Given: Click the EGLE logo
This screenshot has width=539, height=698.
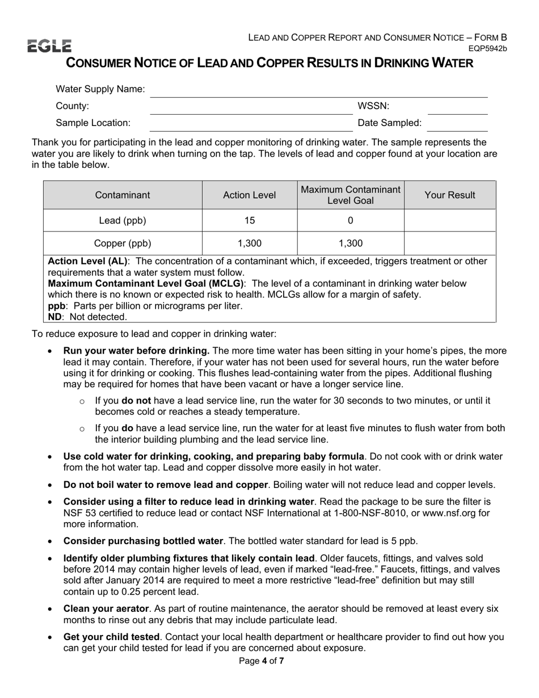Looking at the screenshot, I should [x=49, y=46].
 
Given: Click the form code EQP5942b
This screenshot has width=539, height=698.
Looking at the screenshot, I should [x=487, y=49].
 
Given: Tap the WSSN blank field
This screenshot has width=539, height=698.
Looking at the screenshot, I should [x=457, y=107].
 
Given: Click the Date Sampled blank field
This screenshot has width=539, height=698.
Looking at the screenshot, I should [x=457, y=124].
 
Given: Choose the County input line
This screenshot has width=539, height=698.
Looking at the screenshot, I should [x=250, y=107].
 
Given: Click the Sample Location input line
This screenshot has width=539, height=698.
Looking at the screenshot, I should [x=250, y=124].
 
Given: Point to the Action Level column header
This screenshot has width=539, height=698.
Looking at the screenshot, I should [x=250, y=195].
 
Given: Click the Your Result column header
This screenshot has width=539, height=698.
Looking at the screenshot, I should [x=450, y=195].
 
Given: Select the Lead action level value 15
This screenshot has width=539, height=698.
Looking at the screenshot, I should [x=250, y=221].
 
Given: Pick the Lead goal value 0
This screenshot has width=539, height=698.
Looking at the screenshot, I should [x=350, y=221].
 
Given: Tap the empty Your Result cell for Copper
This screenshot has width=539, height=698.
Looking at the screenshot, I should [x=450, y=243].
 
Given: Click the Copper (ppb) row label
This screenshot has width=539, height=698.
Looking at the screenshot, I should [x=123, y=243].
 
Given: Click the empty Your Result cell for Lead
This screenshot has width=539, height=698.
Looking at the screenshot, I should [x=450, y=221].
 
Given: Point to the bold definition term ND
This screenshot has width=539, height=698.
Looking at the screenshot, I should [x=54, y=317].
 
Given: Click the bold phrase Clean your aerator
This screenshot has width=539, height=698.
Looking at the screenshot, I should [x=102, y=609].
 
